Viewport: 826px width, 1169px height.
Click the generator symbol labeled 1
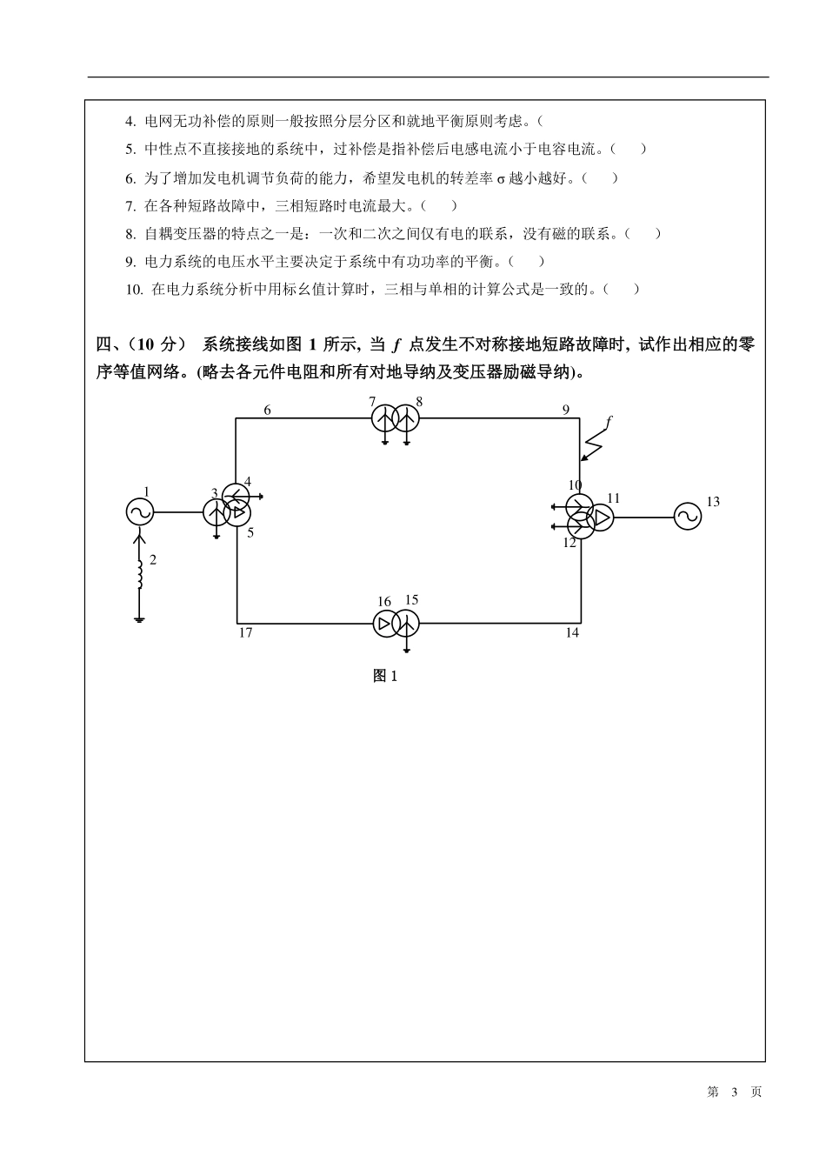click(139, 512)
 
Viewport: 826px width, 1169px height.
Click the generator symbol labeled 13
click(687, 517)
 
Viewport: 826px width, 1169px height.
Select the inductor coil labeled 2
click(139, 575)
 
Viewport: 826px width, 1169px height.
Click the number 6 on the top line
click(267, 410)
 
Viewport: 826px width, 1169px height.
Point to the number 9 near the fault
click(565, 410)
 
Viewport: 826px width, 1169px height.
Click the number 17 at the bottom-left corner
click(245, 632)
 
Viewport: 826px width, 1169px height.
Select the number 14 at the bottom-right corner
click(571, 632)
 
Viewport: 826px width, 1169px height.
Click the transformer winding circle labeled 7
click(384, 419)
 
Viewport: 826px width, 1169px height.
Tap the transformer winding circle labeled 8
click(406, 419)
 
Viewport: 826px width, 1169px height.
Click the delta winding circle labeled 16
click(385, 623)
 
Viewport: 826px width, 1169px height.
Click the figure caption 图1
click(384, 676)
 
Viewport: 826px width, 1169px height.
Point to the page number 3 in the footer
click(734, 1092)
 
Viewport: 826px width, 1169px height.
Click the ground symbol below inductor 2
click(139, 619)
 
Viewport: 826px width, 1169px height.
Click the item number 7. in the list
click(130, 206)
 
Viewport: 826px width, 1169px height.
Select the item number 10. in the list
click(134, 290)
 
